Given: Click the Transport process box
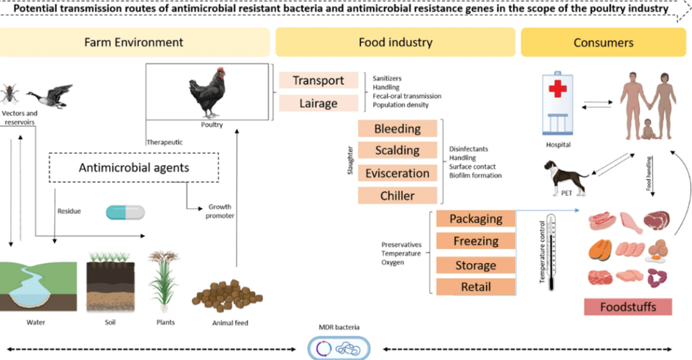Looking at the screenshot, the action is click(x=318, y=80).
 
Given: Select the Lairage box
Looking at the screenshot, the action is click(x=318, y=103).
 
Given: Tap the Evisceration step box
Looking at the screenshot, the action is click(x=397, y=173).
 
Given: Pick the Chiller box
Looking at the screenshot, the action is click(x=397, y=195).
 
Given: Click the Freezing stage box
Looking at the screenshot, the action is click(x=476, y=241).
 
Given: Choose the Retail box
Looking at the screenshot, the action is click(x=476, y=287).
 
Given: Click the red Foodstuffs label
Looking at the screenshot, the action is click(x=628, y=307).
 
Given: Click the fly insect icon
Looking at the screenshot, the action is click(x=9, y=94).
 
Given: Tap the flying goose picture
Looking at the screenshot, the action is click(x=49, y=96).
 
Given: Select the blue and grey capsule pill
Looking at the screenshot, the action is click(x=125, y=213).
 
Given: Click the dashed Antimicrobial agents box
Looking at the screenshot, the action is click(x=134, y=168).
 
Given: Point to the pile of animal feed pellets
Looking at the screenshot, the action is click(x=227, y=296).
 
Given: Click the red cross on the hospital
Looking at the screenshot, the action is click(x=558, y=88).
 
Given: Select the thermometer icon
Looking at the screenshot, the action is click(x=551, y=252).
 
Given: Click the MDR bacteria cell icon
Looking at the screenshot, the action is click(x=339, y=349).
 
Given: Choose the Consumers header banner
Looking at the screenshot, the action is click(x=603, y=43).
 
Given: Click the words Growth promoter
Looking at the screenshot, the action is click(x=220, y=211).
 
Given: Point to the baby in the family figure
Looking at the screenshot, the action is click(x=648, y=129).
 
